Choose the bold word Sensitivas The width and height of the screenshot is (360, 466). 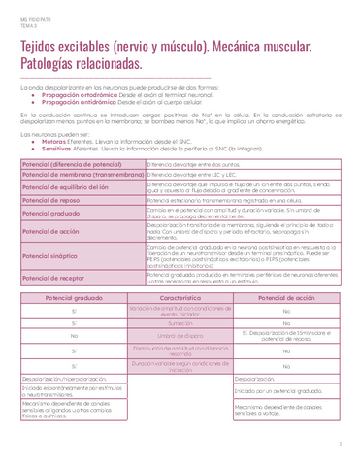point(51,147)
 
